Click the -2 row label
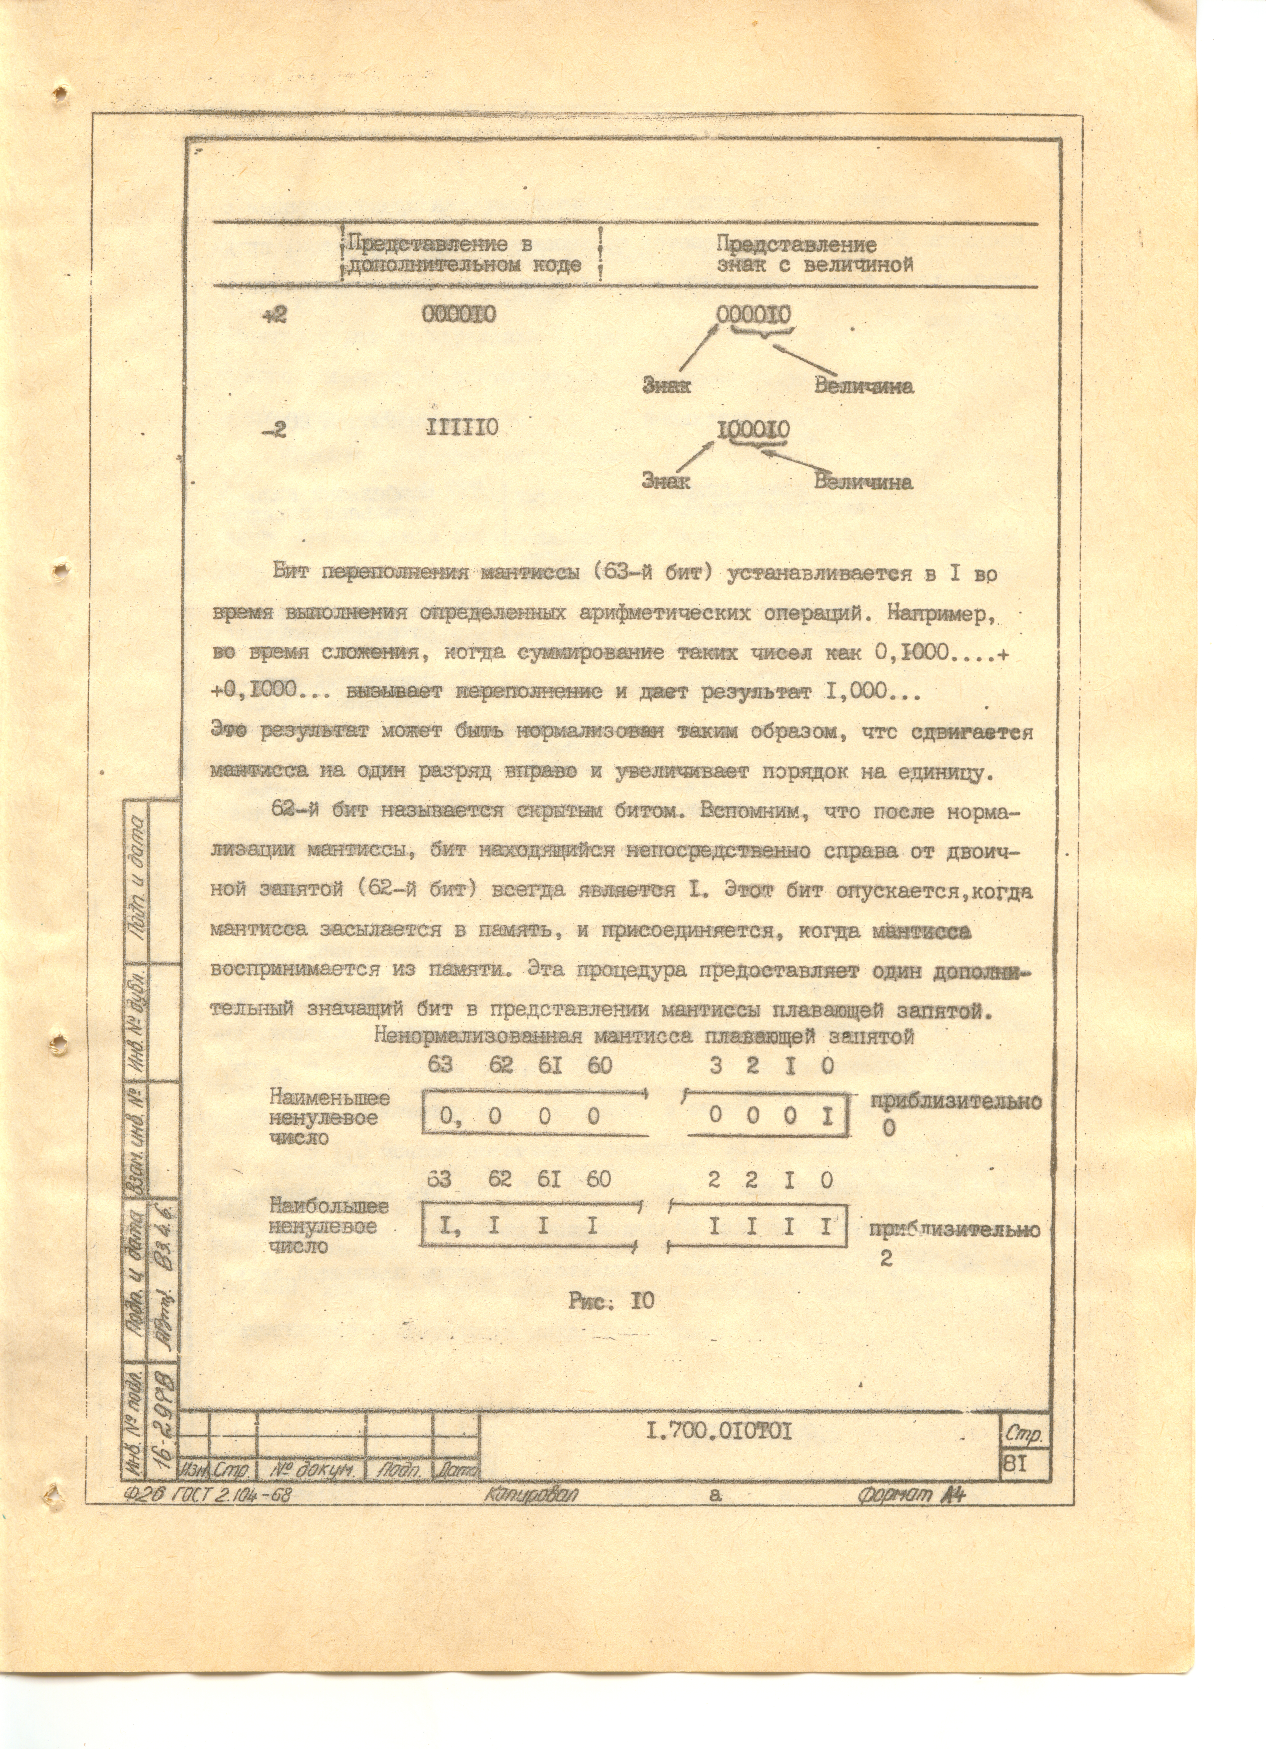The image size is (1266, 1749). (274, 430)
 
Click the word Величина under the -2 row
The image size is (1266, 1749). (863, 483)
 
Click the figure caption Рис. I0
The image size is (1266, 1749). (611, 1301)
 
